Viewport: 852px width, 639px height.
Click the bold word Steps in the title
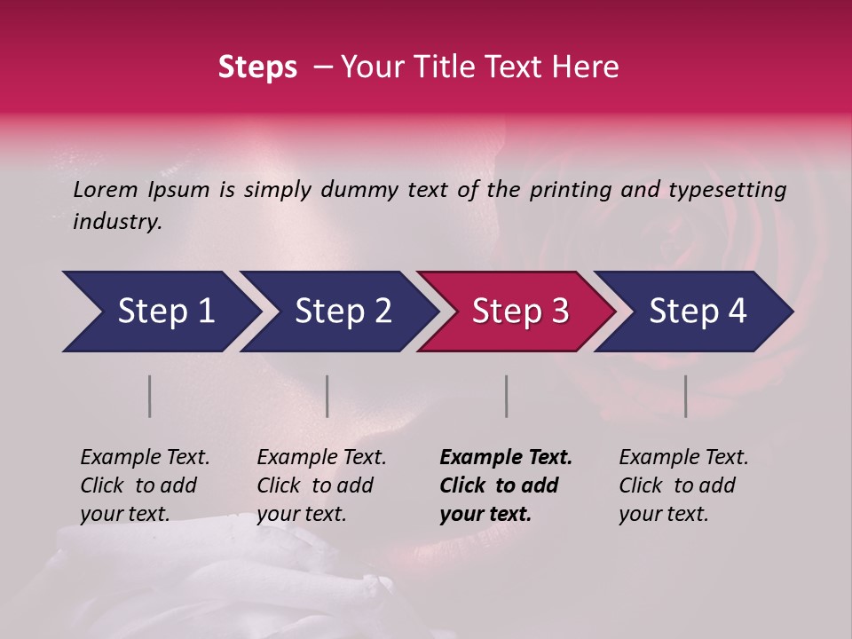[257, 67]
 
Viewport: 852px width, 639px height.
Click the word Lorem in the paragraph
[105, 190]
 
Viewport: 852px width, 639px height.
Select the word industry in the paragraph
[117, 222]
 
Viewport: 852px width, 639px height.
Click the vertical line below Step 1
[150, 396]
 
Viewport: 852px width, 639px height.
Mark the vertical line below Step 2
[327, 396]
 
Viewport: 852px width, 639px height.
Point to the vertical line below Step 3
[507, 396]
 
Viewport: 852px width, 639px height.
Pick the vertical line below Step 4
[686, 396]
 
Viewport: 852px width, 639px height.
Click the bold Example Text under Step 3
[506, 458]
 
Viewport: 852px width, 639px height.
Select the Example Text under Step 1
[145, 458]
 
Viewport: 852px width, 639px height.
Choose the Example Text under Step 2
[321, 458]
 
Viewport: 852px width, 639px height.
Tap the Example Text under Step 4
[683, 458]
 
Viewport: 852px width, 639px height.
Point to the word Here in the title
[586, 67]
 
